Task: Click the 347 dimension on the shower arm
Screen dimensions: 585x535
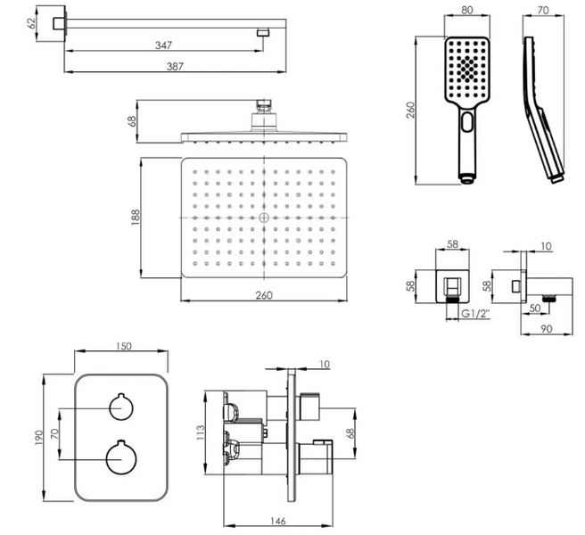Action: coord(163,45)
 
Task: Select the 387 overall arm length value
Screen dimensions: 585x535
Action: coord(175,66)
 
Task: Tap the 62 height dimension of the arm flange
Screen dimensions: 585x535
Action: coord(31,23)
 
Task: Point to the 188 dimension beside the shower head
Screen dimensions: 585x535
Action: coord(135,218)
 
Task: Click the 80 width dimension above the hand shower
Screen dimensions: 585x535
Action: coord(467,10)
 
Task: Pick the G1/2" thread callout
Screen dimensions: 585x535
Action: coord(475,314)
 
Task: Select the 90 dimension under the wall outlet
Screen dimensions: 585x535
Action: coord(546,329)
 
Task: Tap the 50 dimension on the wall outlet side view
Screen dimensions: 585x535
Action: coord(535,309)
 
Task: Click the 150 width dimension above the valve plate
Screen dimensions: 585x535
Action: coord(123,346)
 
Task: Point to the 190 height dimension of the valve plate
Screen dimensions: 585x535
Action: coord(39,438)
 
